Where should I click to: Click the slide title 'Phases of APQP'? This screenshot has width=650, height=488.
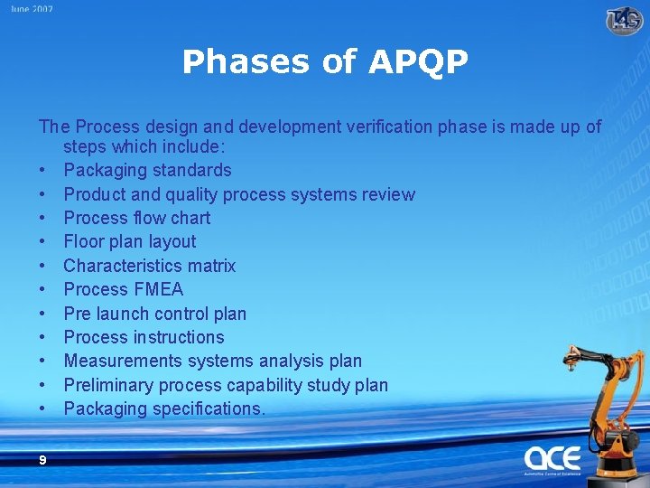point(325,62)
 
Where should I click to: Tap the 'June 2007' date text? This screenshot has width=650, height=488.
point(32,9)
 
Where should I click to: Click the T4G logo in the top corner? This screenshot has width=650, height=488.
point(624,20)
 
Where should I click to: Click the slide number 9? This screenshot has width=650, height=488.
point(42,460)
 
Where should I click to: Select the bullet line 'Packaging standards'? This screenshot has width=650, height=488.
point(147,170)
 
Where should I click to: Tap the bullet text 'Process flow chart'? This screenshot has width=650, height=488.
point(136,218)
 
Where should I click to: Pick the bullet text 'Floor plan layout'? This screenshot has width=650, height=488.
point(129,241)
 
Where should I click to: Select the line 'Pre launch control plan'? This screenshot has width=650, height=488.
point(154,314)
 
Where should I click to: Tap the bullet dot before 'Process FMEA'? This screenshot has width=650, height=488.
point(42,289)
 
